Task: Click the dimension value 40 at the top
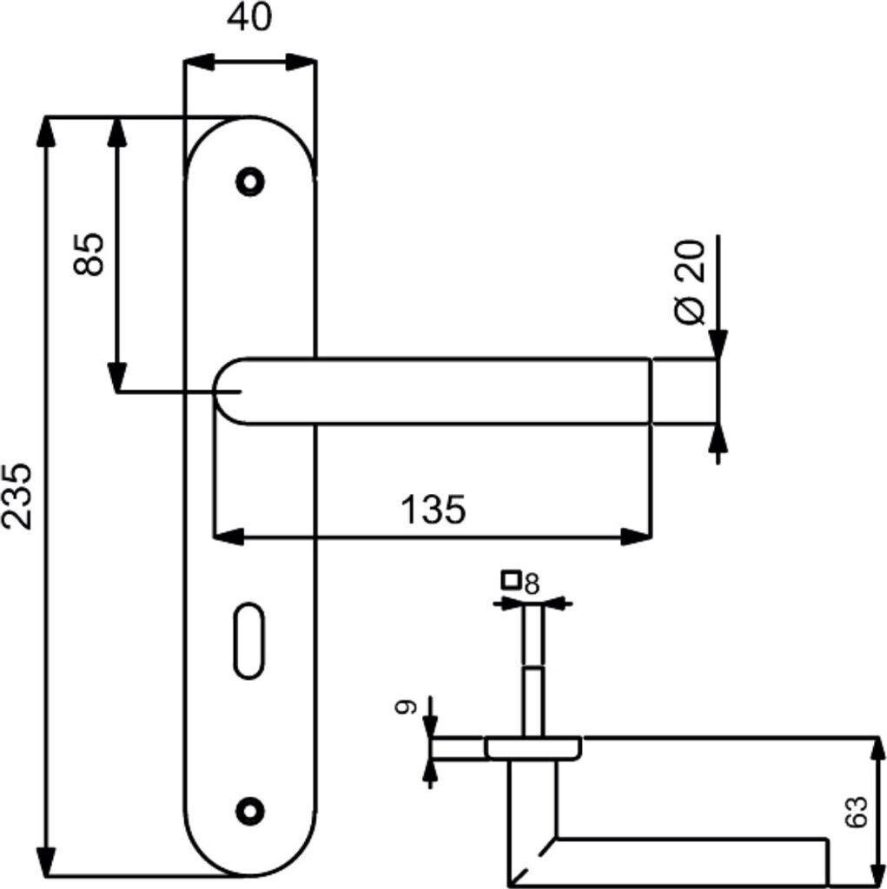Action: pyautogui.click(x=249, y=18)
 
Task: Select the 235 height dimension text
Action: pyautogui.click(x=17, y=497)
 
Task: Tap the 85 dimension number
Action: pyautogui.click(x=89, y=254)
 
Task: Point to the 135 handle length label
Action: pyautogui.click(x=433, y=509)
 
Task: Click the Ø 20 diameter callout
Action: pyautogui.click(x=690, y=282)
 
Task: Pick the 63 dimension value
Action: pyautogui.click(x=856, y=812)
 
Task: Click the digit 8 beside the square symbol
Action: pyautogui.click(x=532, y=584)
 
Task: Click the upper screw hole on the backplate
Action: pyautogui.click(x=249, y=182)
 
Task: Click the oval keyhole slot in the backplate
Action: pyautogui.click(x=249, y=642)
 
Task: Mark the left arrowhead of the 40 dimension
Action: pyautogui.click(x=199, y=63)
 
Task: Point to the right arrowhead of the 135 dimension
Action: pyautogui.click(x=636, y=537)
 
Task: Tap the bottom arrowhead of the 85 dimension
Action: pyautogui.click(x=117, y=377)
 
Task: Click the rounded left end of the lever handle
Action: pyautogui.click(x=222, y=392)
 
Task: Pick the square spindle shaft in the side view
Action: pyautogui.click(x=533, y=671)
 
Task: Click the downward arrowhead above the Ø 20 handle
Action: pyautogui.click(x=718, y=344)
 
